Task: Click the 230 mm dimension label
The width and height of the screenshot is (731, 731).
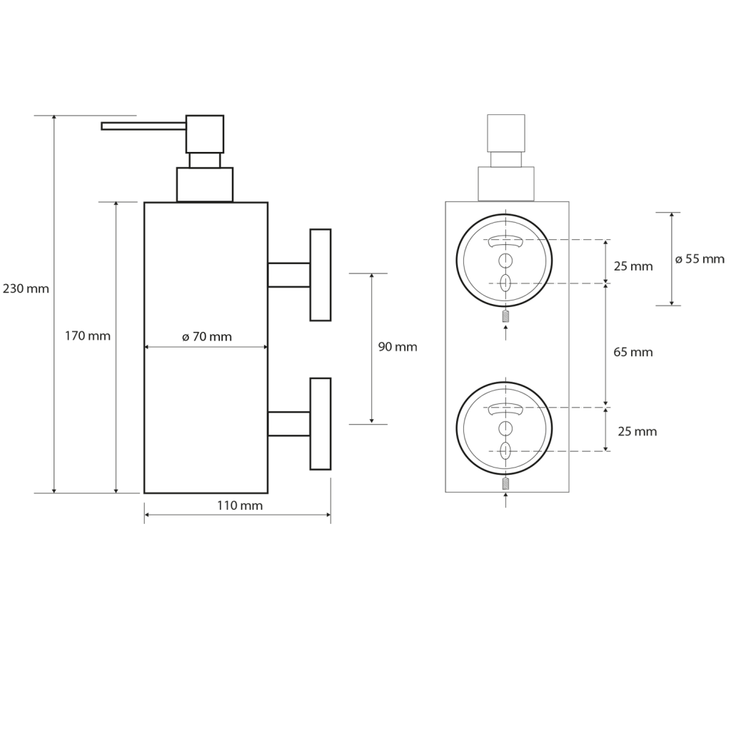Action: (26, 289)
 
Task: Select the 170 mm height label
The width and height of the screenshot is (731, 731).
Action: (87, 336)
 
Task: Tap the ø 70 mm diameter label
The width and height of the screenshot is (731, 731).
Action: (206, 337)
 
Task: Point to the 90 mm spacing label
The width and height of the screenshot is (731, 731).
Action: (398, 347)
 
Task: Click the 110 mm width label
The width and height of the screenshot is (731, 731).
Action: (240, 506)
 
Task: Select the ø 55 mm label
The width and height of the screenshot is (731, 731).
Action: (700, 259)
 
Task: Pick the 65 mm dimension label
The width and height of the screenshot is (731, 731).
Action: (633, 352)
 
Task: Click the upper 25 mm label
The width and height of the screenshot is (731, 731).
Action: (633, 266)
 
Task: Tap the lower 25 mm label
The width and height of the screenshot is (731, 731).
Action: (637, 431)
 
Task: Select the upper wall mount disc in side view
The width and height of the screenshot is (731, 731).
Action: (320, 275)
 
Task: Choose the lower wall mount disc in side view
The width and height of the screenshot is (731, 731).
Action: (320, 423)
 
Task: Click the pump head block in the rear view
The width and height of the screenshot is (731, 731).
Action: (505, 132)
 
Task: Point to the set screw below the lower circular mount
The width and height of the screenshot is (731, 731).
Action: (505, 484)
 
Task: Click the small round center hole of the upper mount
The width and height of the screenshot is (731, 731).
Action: (505, 260)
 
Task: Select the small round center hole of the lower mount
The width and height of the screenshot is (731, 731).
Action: (505, 428)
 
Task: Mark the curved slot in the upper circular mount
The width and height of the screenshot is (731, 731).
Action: (505, 243)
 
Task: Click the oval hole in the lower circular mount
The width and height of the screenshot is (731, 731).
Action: (505, 450)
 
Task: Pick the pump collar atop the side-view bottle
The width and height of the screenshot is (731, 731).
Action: (205, 184)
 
